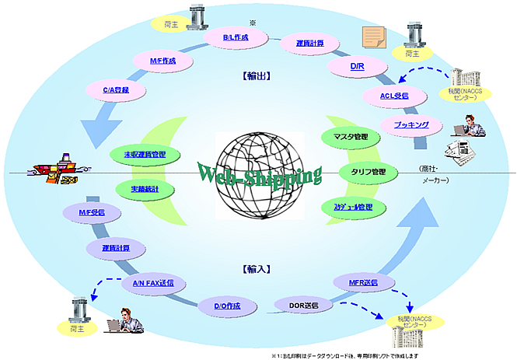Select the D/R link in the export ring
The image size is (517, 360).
(357, 67)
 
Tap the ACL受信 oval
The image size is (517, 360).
(395, 96)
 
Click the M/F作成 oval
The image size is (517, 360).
(163, 60)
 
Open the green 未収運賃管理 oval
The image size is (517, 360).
(145, 155)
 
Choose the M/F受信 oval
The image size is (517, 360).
(91, 212)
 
